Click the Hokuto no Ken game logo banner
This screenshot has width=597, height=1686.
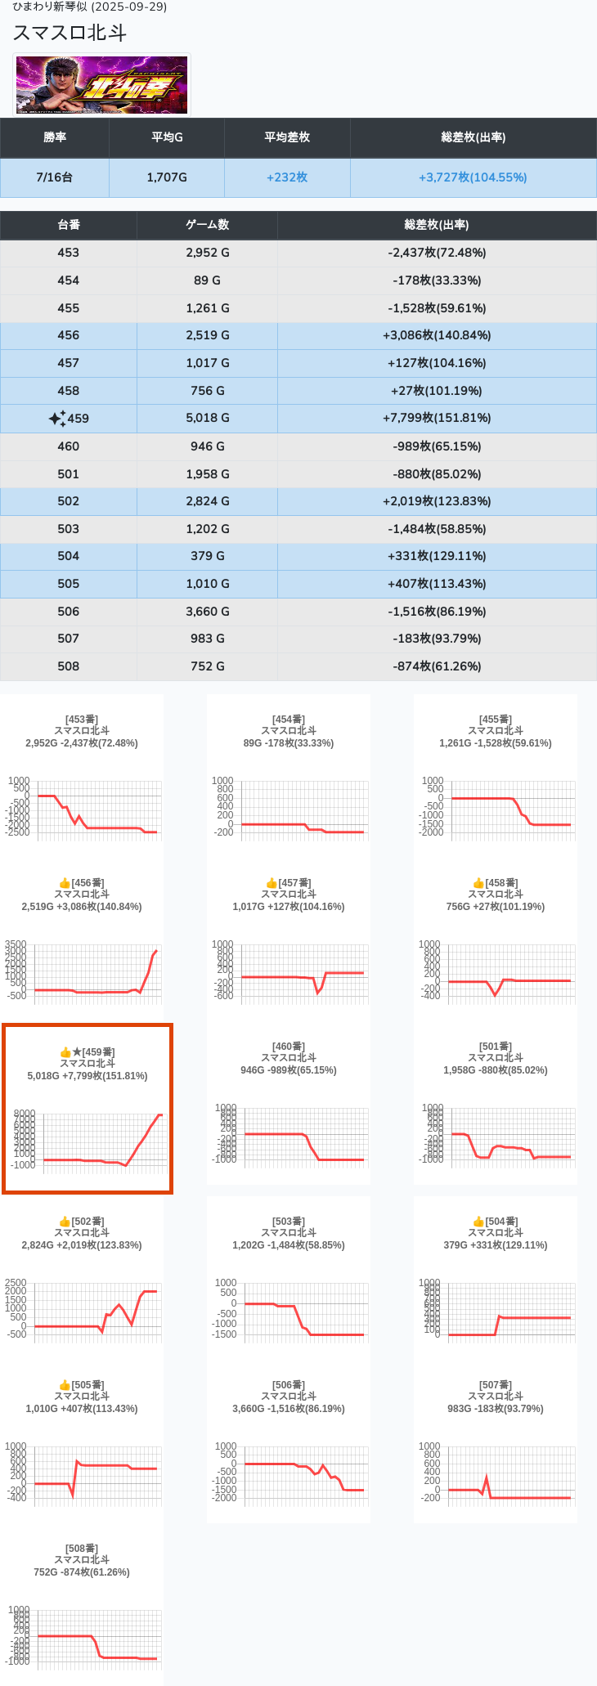tap(102, 85)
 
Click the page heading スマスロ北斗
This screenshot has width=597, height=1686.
tap(70, 33)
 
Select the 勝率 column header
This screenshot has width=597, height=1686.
tap(55, 137)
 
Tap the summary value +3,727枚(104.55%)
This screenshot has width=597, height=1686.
tap(473, 177)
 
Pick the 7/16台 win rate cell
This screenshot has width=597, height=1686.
tap(55, 177)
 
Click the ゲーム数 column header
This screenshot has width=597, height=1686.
tap(207, 225)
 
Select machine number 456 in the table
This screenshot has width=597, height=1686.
tap(69, 335)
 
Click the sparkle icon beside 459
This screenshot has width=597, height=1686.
tap(56, 419)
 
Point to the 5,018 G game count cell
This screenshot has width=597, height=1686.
tap(207, 418)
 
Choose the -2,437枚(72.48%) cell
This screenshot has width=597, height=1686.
tap(437, 253)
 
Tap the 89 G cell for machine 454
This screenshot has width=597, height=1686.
tap(207, 280)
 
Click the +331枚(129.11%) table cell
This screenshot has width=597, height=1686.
tap(437, 556)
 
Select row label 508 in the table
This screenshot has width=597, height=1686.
tap(69, 666)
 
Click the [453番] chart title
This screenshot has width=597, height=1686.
tap(82, 720)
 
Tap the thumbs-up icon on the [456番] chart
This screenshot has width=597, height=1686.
tap(65, 883)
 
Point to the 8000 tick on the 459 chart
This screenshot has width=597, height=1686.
tap(25, 1114)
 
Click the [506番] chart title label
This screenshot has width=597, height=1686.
tap(289, 1385)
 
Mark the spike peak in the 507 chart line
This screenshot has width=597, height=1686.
tap(487, 1477)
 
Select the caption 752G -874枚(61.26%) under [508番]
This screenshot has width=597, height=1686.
tap(82, 1572)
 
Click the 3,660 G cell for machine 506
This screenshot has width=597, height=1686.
tap(207, 612)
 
